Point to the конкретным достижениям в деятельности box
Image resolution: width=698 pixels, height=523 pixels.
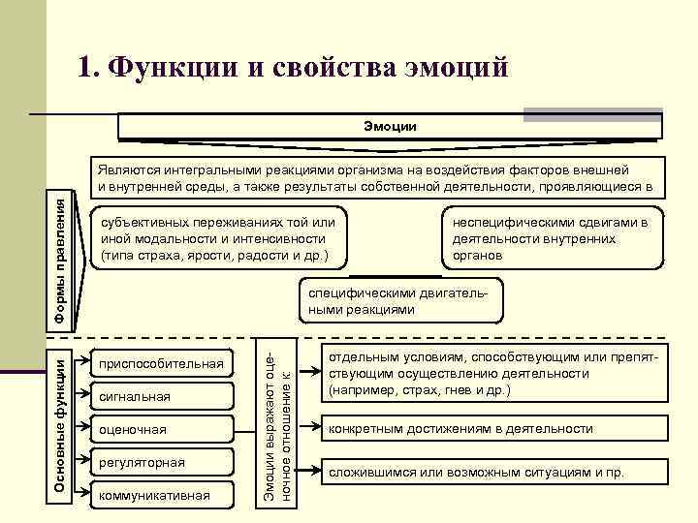click(494, 428)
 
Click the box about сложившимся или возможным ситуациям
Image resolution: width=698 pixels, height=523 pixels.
click(494, 473)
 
